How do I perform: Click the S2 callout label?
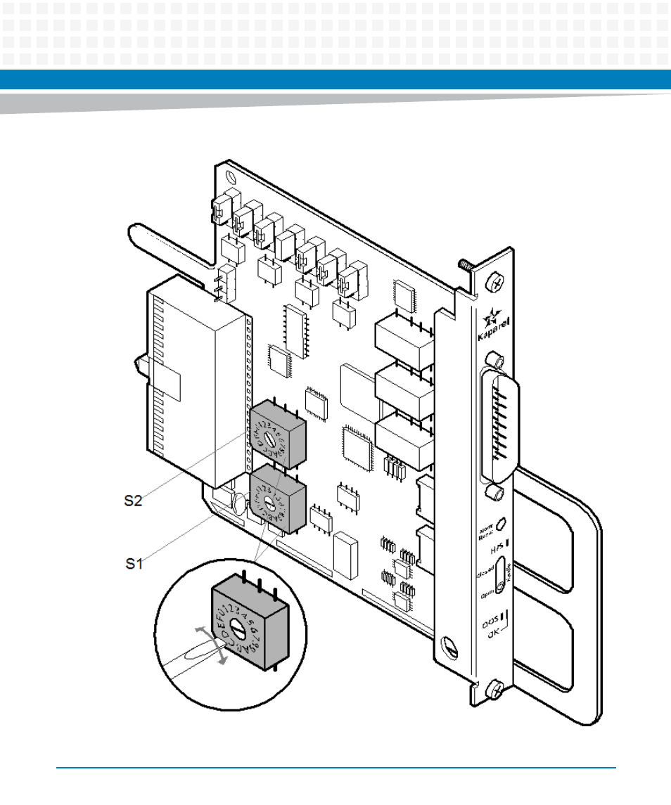click(x=133, y=501)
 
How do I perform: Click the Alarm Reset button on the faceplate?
click(x=502, y=524)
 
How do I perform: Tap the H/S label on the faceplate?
click(x=497, y=543)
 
